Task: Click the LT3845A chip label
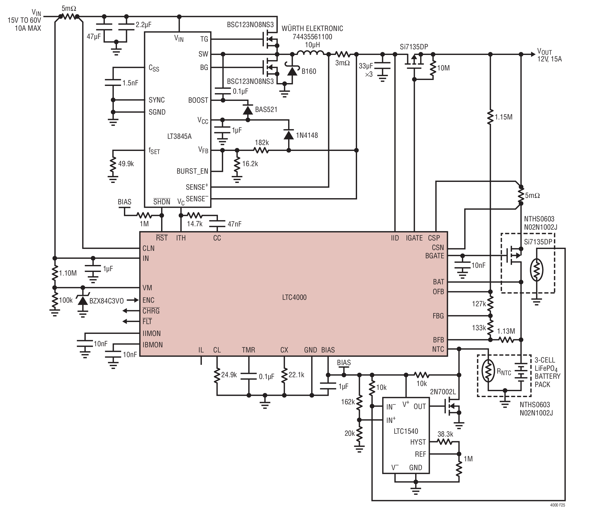(x=179, y=136)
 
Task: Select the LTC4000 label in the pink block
(x=294, y=297)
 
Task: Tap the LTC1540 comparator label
(x=406, y=431)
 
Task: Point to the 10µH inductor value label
(x=312, y=45)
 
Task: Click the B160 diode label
(x=309, y=71)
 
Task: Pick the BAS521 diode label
(x=266, y=109)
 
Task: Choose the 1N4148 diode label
(x=307, y=135)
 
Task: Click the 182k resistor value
(x=262, y=142)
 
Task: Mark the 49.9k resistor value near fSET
(x=126, y=164)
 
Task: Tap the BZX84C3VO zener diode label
(x=106, y=301)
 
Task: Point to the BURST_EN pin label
(x=192, y=171)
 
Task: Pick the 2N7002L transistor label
(x=443, y=392)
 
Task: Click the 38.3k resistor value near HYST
(x=445, y=434)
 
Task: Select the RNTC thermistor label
(x=504, y=372)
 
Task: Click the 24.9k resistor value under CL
(x=229, y=375)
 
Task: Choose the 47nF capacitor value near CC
(x=234, y=224)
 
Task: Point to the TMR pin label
(x=248, y=350)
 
